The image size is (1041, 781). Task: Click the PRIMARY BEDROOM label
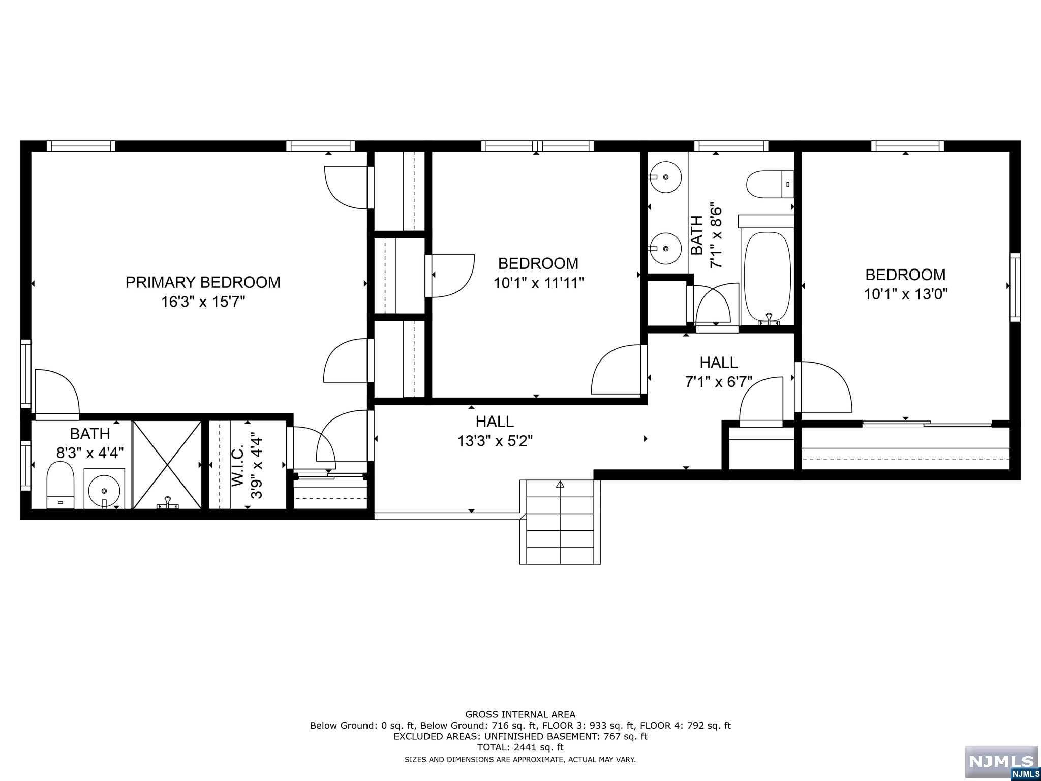[x=203, y=282]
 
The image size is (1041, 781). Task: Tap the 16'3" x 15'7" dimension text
[x=203, y=302]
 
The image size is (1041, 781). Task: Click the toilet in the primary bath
[x=60, y=485]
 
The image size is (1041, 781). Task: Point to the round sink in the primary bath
[x=104, y=490]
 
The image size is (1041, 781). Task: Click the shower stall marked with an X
[x=167, y=465]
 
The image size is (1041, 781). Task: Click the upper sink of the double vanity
[x=665, y=177]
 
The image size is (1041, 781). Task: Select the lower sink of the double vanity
[x=665, y=248]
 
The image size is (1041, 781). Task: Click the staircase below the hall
[x=560, y=522]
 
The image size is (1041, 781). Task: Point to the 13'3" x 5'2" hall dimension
[x=495, y=440]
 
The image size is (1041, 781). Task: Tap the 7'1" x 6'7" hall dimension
[x=719, y=381]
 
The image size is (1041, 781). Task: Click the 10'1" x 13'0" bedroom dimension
[x=906, y=294]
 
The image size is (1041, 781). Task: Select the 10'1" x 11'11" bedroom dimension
[x=538, y=283]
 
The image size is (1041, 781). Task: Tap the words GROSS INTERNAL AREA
[x=520, y=714]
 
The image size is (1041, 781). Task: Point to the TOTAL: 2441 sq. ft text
[x=520, y=747]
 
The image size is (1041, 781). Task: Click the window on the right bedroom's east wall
[x=1015, y=287]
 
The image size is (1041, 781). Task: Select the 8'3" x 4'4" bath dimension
[x=90, y=453]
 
